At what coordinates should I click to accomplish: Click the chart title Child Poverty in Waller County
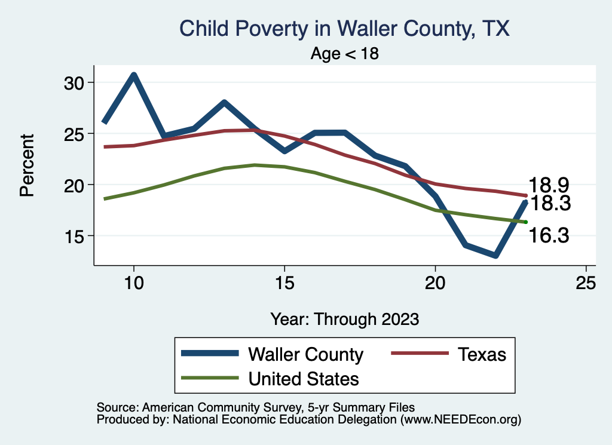[x=345, y=29]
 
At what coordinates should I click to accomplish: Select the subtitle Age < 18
[x=345, y=54]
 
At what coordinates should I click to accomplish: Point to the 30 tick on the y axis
[x=75, y=82]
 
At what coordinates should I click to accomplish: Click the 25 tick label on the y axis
[x=75, y=134]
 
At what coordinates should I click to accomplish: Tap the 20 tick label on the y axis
[x=75, y=185]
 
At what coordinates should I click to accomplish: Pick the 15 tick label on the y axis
[x=75, y=236]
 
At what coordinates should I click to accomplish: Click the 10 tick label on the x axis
[x=134, y=283]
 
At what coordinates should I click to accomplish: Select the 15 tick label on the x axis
[x=284, y=283]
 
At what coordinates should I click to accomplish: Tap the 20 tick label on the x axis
[x=435, y=283]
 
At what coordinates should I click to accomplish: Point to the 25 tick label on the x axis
[x=586, y=283]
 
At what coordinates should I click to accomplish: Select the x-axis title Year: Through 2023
[x=344, y=318]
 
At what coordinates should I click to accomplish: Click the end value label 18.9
[x=547, y=185]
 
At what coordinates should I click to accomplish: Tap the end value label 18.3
[x=551, y=204]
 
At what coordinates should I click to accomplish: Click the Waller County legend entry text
[x=305, y=355]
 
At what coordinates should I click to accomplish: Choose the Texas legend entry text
[x=482, y=355]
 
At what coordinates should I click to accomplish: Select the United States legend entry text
[x=304, y=379]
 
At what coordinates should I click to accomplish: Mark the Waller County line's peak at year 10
[x=134, y=75]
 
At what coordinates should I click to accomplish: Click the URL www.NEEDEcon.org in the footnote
[x=460, y=419]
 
